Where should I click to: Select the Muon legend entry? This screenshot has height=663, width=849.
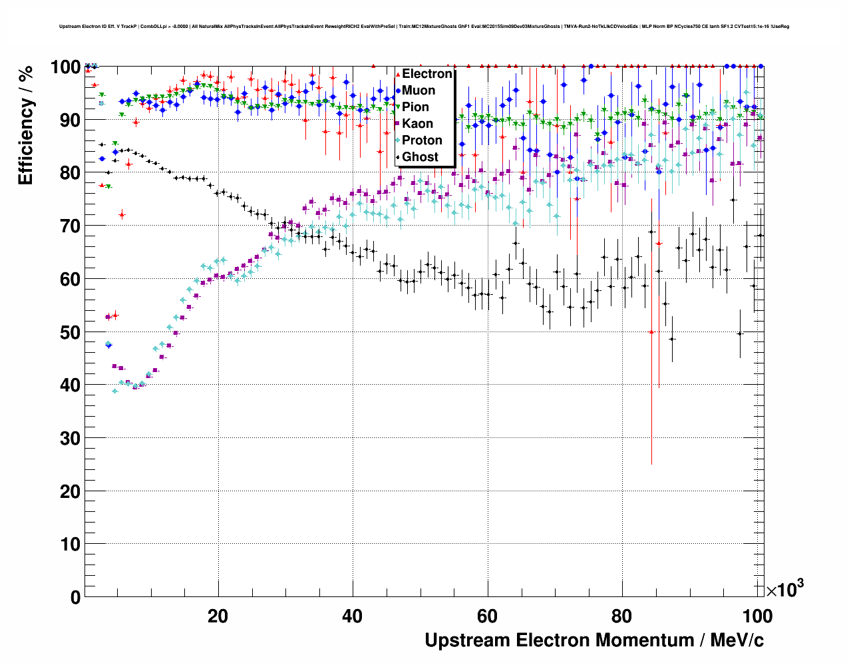pos(419,91)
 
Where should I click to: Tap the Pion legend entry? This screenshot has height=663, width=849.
pos(415,107)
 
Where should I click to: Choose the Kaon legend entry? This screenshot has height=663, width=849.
pos(417,124)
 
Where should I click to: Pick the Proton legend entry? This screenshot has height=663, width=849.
pos(422,140)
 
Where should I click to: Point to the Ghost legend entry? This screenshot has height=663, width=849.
pos(420,157)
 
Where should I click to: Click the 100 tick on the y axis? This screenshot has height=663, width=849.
pos(66,67)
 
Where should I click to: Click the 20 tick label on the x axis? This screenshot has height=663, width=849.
pos(218,616)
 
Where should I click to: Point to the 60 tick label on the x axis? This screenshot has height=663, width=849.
pos(488,616)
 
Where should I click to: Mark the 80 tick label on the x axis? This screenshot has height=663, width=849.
pos(622,616)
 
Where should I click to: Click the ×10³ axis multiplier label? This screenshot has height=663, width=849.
pos(784,589)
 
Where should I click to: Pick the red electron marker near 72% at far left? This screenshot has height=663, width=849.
pos(122,214)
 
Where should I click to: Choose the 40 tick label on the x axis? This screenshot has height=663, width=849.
pos(353,616)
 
